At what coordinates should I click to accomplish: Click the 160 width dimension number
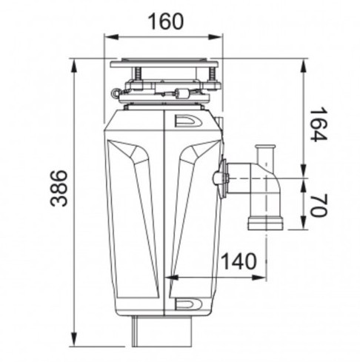pyautogui.click(x=165, y=21)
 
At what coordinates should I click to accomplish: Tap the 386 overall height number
pyautogui.click(x=59, y=188)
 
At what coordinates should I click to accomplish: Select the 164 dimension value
pyautogui.click(x=319, y=124)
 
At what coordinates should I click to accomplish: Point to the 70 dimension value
pyautogui.click(x=319, y=205)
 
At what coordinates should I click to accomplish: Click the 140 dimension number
pyautogui.click(x=239, y=261)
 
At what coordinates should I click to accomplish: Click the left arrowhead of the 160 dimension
pyautogui.click(x=110, y=37)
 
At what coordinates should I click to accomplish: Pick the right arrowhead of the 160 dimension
pyautogui.click(x=215, y=37)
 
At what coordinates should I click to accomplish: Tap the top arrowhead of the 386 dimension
pyautogui.click(x=73, y=66)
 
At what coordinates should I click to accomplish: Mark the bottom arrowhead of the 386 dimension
pyautogui.click(x=73, y=339)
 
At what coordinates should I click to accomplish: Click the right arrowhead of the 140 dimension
pyautogui.click(x=259, y=278)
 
